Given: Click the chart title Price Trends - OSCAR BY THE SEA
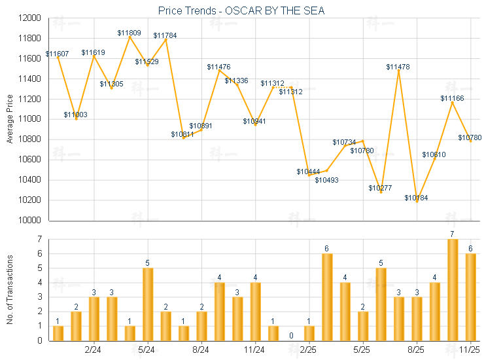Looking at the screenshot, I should [x=241, y=10].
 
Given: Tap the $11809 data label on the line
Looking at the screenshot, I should [x=130, y=33].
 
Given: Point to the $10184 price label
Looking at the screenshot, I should [x=416, y=198].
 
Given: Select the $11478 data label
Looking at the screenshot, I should [x=398, y=67].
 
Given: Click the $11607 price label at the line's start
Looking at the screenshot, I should [x=58, y=53].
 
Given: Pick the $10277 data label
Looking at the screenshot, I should [x=380, y=188].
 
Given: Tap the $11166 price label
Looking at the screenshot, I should [x=452, y=98].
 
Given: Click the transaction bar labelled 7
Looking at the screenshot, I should [x=453, y=289].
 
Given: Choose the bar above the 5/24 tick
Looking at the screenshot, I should [x=148, y=304].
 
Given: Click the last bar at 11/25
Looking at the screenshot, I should [x=470, y=297].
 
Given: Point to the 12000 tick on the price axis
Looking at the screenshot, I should [x=28, y=18].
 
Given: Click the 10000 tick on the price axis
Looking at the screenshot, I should [x=28, y=221].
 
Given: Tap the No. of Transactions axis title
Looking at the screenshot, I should [x=10, y=290].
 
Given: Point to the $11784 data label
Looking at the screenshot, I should [x=165, y=35].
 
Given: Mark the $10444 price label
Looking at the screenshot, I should [x=308, y=171].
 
